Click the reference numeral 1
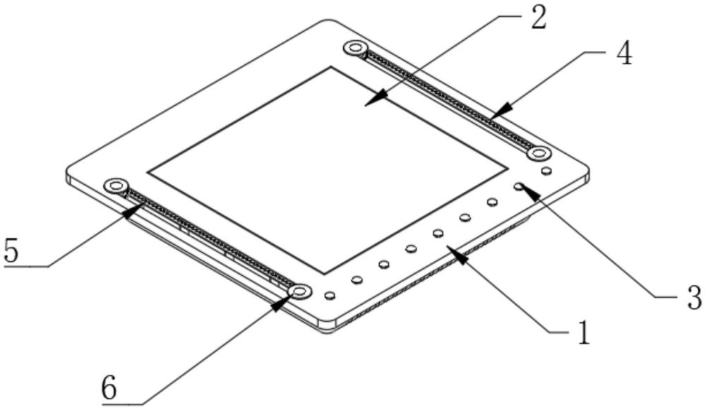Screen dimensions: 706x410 pyautogui.click(x=584, y=333)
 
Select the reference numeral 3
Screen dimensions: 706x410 pyautogui.click(x=694, y=297)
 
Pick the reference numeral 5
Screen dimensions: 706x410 pyautogui.click(x=11, y=251)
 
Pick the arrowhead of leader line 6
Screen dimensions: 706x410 pyautogui.click(x=282, y=303)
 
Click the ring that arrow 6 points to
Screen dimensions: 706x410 pyautogui.click(x=300, y=291)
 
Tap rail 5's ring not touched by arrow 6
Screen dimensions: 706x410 pyautogui.click(x=115, y=185)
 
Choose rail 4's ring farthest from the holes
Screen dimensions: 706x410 pyautogui.click(x=354, y=47)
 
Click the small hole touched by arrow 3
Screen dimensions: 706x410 pyautogui.click(x=520, y=186)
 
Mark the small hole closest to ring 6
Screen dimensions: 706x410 pyautogui.click(x=330, y=296)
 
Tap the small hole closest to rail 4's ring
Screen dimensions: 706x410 pyautogui.click(x=546, y=171)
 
